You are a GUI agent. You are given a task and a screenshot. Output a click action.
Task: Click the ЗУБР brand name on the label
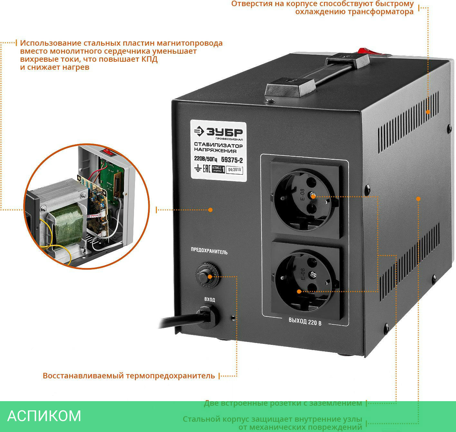click(224, 132)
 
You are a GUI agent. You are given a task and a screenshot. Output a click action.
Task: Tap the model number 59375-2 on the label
click(232, 159)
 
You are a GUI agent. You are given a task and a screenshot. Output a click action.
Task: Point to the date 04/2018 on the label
click(234, 170)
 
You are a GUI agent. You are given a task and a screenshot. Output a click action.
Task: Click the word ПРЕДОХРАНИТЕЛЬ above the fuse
click(209, 251)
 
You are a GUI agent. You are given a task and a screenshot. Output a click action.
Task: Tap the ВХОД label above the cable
click(210, 300)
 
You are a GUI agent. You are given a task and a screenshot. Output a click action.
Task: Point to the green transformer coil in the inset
click(68, 225)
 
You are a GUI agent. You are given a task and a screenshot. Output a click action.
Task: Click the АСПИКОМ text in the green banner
click(44, 416)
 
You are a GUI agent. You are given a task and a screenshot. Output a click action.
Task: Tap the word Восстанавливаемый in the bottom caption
click(83, 376)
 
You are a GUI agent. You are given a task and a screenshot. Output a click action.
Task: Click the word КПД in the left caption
click(149, 59)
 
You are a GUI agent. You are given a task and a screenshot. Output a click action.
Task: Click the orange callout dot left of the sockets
click(210, 210)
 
